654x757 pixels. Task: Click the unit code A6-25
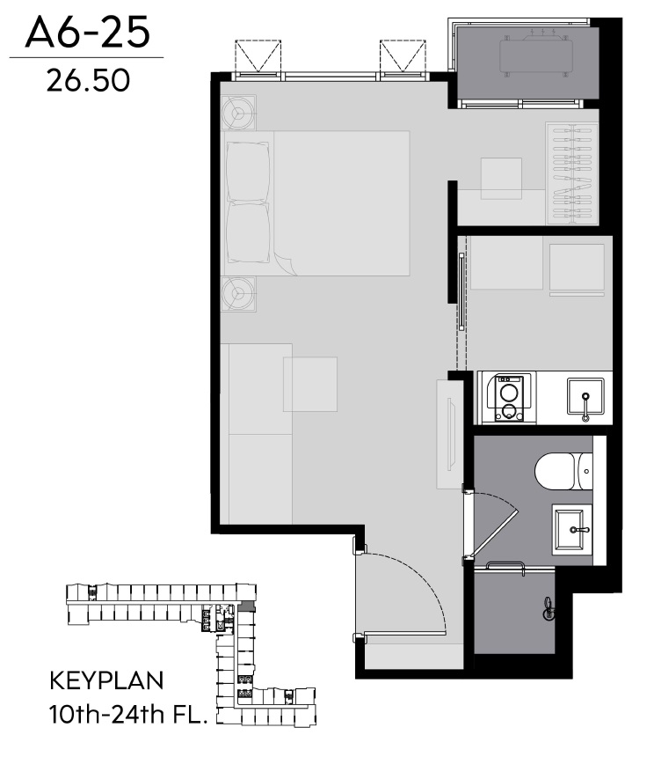click(x=87, y=33)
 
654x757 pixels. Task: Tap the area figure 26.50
click(x=88, y=80)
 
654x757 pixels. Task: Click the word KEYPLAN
click(x=106, y=680)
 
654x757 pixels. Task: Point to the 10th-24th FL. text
click(x=128, y=714)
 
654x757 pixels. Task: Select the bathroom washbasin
click(x=571, y=530)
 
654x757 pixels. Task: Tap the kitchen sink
click(x=585, y=397)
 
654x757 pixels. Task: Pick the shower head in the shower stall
click(x=548, y=609)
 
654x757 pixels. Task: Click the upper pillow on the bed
click(x=248, y=172)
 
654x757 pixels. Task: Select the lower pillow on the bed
click(x=248, y=233)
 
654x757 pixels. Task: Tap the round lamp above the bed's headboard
click(x=238, y=113)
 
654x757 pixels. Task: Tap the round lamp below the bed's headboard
click(x=238, y=293)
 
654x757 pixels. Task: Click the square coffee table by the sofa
click(x=310, y=385)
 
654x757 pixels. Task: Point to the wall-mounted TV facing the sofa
click(x=451, y=434)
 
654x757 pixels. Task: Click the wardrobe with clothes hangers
click(x=572, y=173)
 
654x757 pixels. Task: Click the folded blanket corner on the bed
click(x=283, y=263)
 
